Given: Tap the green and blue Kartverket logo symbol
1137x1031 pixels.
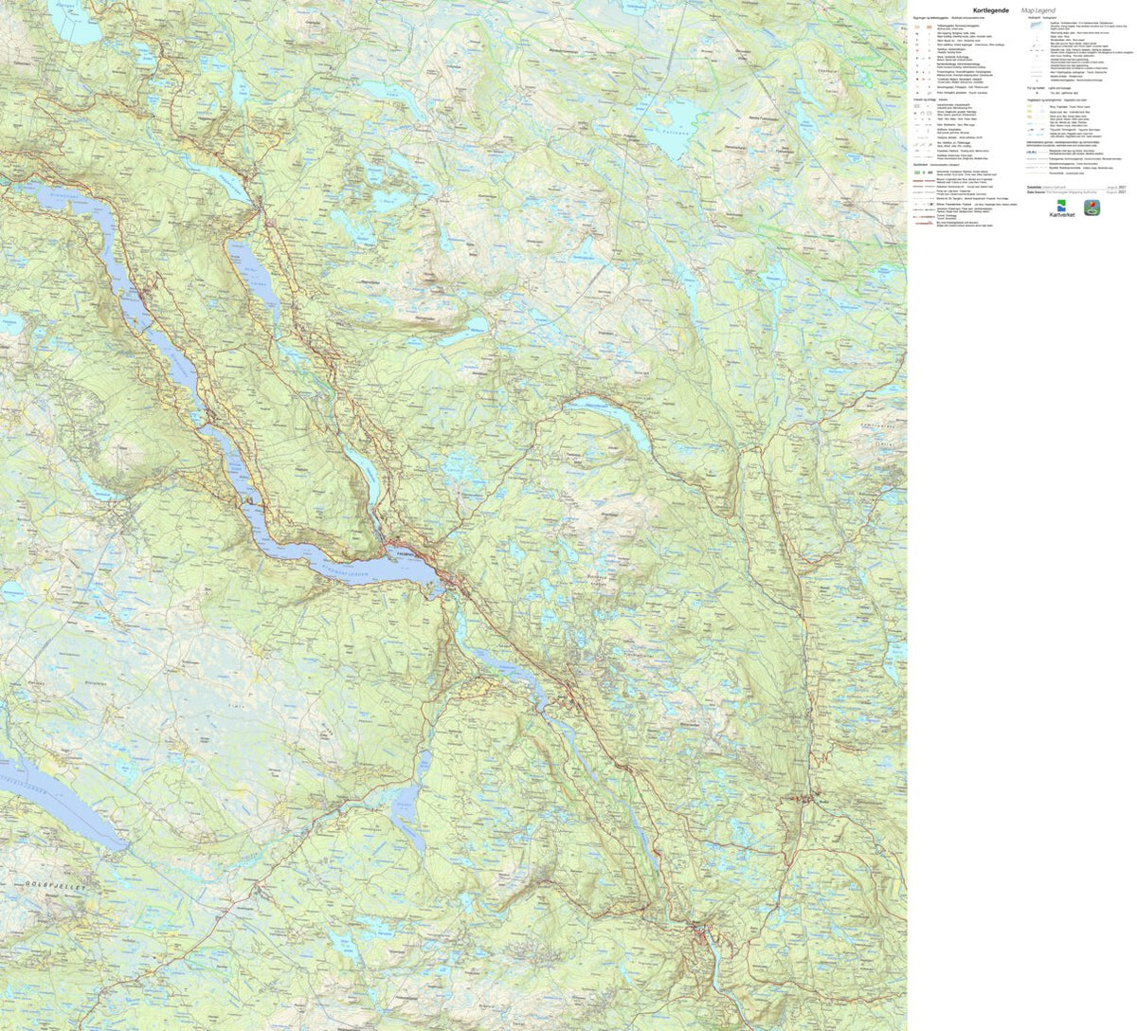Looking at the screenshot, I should (x=1061, y=206).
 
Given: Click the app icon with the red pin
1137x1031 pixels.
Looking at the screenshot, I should (x=1092, y=208).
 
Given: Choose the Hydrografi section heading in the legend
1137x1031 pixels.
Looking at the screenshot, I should (x=1032, y=18).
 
